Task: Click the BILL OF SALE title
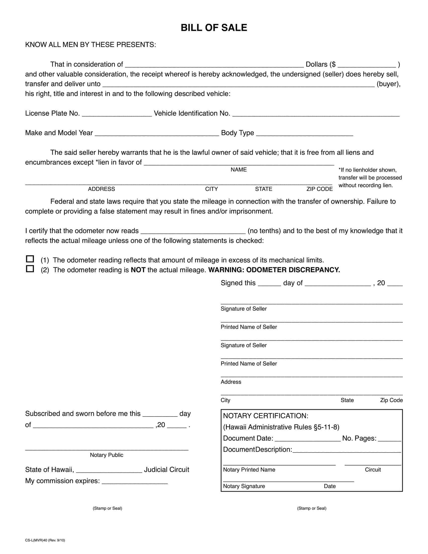pos(214,28)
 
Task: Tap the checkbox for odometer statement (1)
pos(30,259)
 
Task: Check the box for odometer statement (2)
pos(30,269)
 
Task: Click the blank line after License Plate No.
pos(117,114)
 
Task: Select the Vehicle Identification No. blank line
pos(316,114)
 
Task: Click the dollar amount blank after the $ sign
pos(366,65)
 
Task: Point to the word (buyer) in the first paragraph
pos(388,84)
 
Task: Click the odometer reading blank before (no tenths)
pos(193,231)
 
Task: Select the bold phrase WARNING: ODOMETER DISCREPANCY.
pos(274,270)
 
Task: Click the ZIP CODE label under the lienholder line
pos(319,189)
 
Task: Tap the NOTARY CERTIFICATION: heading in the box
pos(265,416)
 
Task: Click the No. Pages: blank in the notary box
pos(389,439)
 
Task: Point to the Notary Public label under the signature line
pos(106,455)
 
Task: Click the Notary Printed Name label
pos(249,470)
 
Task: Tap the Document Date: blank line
pos(308,439)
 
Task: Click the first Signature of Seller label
pos(243,309)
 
